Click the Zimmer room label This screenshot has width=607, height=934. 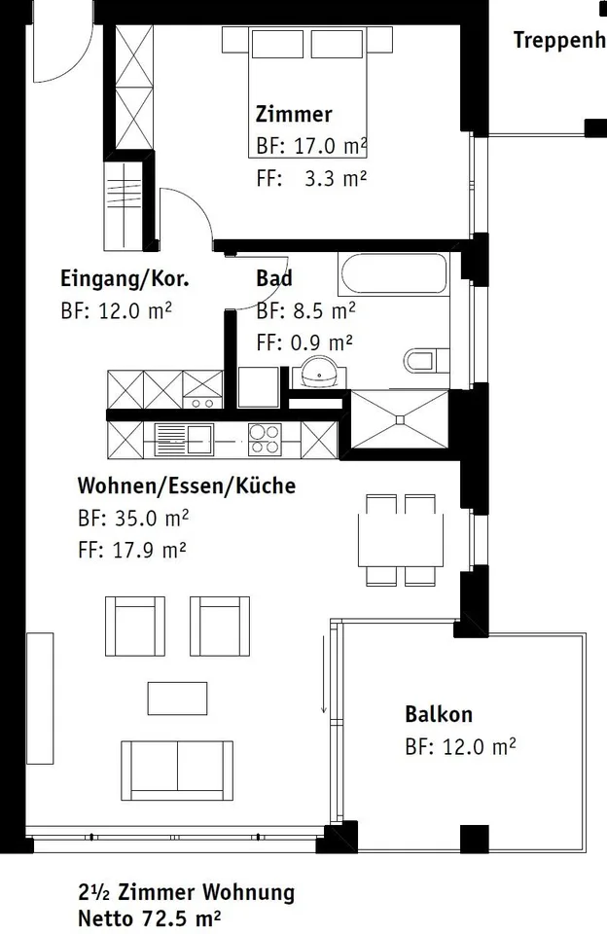(294, 114)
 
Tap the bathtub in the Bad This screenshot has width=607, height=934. (393, 273)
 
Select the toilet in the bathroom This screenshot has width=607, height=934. (426, 360)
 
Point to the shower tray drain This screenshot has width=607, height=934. (400, 419)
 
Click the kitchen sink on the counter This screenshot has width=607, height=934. (184, 440)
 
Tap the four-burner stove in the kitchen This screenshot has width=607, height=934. (265, 440)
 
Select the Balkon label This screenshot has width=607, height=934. (439, 713)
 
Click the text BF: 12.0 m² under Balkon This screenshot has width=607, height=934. (460, 746)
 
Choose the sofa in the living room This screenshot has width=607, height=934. (177, 771)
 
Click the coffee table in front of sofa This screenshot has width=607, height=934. (177, 699)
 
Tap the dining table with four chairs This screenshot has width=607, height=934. (401, 539)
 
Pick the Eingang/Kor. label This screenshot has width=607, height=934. (125, 279)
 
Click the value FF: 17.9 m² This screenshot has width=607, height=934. (131, 549)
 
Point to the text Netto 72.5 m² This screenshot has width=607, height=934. (150, 917)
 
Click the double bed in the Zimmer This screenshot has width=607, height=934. (307, 92)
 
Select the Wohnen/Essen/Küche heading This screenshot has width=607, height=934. (187, 485)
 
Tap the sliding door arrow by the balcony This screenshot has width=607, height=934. (324, 673)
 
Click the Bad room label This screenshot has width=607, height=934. (274, 278)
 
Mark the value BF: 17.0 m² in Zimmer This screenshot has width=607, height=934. (311, 146)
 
